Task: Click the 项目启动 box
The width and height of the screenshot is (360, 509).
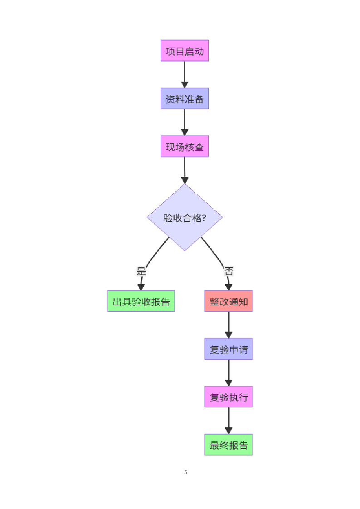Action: pyautogui.click(x=184, y=51)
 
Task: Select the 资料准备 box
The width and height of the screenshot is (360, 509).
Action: pyautogui.click(x=184, y=98)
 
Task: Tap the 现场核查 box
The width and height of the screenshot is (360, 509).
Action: pyautogui.click(x=184, y=147)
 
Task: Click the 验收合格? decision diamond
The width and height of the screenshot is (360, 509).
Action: pyautogui.click(x=185, y=217)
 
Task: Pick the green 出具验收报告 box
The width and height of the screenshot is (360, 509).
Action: pyautogui.click(x=141, y=301)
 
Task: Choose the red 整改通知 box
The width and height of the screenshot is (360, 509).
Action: pyautogui.click(x=228, y=301)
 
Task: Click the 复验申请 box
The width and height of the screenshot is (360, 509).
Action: pyautogui.click(x=228, y=349)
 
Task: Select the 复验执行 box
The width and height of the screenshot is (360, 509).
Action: pyautogui.click(x=228, y=397)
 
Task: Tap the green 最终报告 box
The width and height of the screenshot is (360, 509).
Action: pyautogui.click(x=228, y=445)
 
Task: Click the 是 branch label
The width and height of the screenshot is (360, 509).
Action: pyautogui.click(x=142, y=271)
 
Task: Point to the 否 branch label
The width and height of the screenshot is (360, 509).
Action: pyautogui.click(x=229, y=272)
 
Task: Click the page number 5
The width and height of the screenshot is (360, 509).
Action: pyautogui.click(x=186, y=472)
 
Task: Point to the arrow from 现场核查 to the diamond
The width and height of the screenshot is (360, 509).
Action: pyautogui.click(x=184, y=169)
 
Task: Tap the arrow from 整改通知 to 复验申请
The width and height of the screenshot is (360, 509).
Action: pyautogui.click(x=228, y=324)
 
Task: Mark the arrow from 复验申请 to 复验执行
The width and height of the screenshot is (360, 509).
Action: pyautogui.click(x=228, y=372)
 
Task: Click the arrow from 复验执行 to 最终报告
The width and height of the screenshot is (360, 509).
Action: pyautogui.click(x=228, y=420)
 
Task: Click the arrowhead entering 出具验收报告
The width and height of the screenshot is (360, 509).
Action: pyautogui.click(x=141, y=287)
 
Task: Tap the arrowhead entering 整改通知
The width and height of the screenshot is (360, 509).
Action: pyautogui.click(x=229, y=287)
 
